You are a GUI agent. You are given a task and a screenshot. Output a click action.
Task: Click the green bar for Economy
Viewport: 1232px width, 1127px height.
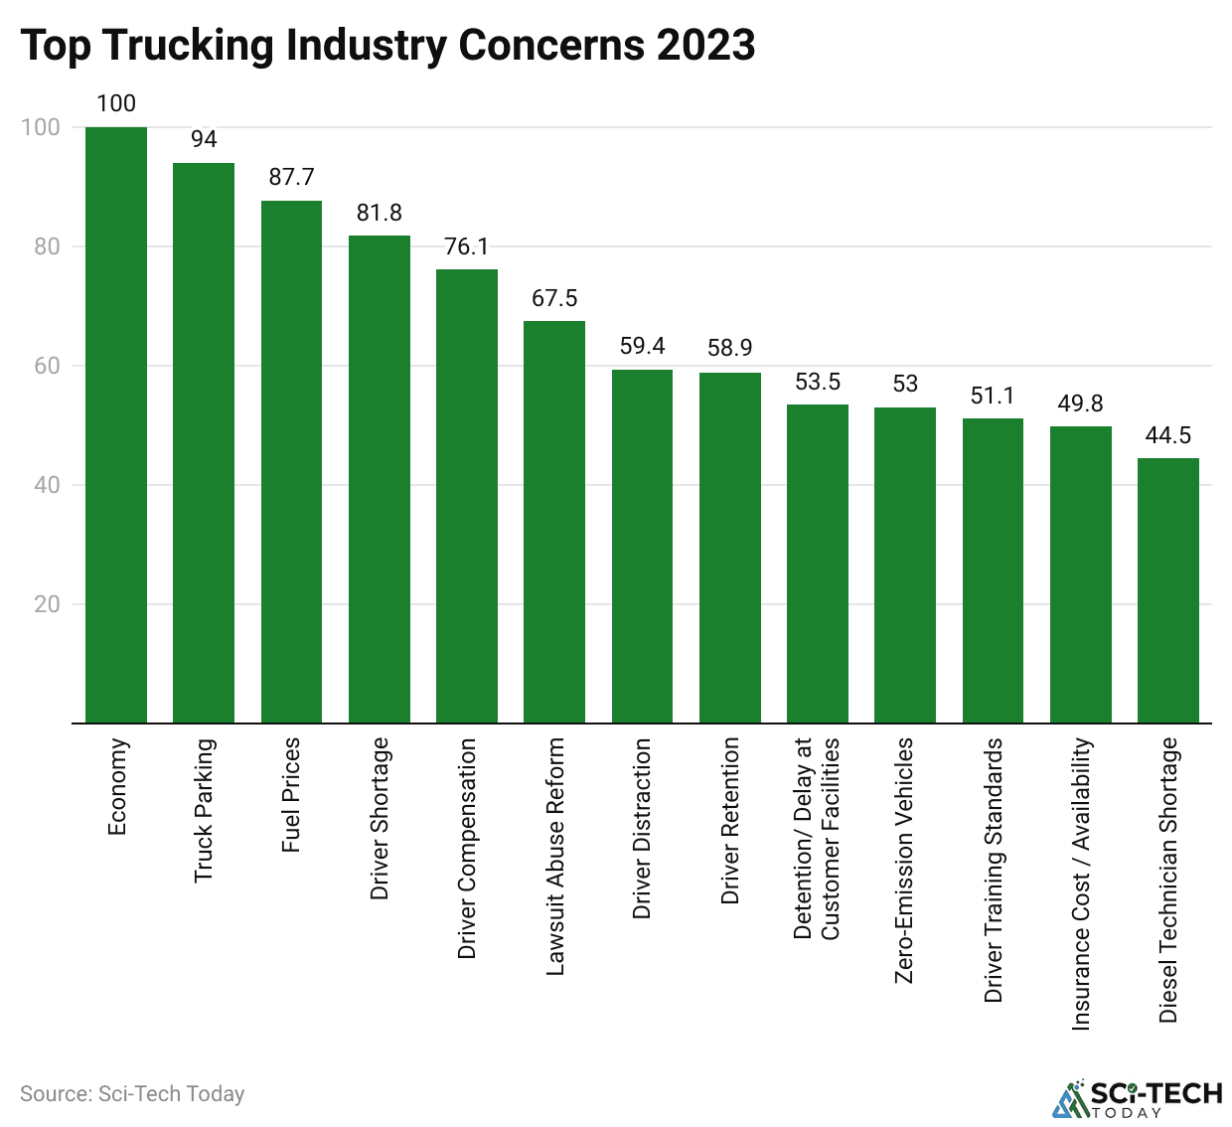[116, 424]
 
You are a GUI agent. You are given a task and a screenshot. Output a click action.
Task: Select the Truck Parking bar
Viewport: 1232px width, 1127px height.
[204, 442]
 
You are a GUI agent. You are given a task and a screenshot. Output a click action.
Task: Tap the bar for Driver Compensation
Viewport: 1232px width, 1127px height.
[467, 496]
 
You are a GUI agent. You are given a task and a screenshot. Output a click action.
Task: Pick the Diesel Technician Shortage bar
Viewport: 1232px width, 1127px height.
[1168, 590]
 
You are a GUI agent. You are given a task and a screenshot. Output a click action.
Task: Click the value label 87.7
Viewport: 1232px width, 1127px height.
[291, 177]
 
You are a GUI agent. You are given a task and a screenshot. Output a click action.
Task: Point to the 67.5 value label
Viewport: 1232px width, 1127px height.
[554, 298]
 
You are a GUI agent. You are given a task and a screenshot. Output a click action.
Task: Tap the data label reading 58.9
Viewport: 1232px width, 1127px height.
[730, 348]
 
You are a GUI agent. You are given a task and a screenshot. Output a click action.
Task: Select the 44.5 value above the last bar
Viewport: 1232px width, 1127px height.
[1168, 435]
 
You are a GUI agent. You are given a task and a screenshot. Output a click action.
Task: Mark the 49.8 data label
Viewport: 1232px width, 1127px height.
[1080, 403]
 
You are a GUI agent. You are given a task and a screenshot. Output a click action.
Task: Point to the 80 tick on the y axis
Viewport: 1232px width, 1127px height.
[47, 246]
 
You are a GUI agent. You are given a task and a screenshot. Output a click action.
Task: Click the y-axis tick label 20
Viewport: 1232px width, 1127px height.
[47, 604]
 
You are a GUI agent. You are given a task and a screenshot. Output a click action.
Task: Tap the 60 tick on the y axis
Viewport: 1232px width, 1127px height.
[47, 366]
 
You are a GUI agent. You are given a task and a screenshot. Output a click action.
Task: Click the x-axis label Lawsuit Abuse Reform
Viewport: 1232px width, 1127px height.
[555, 856]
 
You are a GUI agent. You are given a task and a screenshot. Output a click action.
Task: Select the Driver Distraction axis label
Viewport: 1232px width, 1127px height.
[643, 828]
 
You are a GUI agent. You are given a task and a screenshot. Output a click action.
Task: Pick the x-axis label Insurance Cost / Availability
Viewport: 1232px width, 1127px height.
[1081, 884]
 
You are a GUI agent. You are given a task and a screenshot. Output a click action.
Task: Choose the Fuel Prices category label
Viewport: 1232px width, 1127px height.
[291, 795]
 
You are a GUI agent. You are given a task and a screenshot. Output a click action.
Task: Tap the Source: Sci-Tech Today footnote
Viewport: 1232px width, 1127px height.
[132, 1094]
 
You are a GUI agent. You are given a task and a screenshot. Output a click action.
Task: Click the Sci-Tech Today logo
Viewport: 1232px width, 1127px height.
[1137, 1098]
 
